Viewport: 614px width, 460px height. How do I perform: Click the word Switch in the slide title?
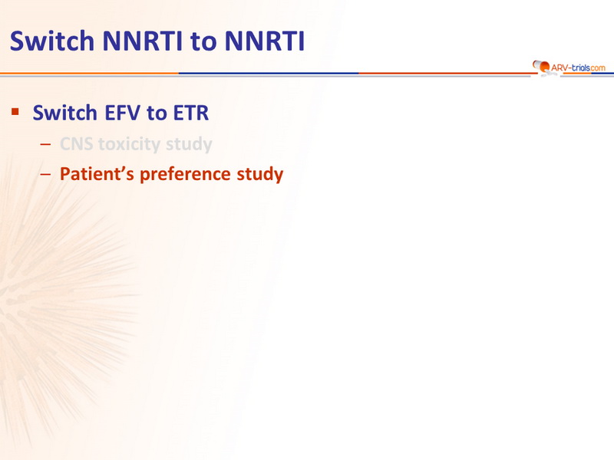52,41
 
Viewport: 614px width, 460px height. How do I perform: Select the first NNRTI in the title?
143,41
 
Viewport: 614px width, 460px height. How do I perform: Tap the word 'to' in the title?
203,42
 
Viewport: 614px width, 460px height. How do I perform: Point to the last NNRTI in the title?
265,41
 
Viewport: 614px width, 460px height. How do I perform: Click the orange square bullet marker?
15,112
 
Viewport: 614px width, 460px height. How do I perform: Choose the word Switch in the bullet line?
65,113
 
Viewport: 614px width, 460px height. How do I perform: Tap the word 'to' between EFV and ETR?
157,113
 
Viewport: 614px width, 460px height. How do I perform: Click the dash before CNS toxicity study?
45,144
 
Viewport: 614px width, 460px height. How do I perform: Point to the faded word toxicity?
129,144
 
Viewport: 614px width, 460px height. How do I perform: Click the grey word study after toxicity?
189,144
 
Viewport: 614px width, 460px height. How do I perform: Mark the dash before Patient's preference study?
45,175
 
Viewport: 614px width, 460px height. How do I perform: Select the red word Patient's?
97,174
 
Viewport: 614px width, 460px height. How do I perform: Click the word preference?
185,175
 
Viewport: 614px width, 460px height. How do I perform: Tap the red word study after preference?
260,175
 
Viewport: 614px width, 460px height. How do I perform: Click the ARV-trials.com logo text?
578,67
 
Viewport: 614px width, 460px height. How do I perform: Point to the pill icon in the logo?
542,67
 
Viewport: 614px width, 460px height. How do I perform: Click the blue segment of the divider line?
269,73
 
